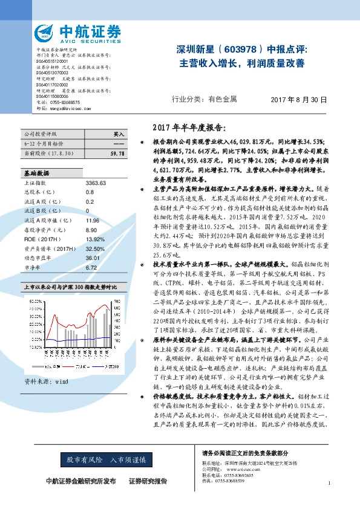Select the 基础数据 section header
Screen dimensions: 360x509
click(36, 173)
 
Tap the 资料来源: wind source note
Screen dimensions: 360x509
click(46, 382)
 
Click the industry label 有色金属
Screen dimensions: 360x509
click(222, 99)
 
